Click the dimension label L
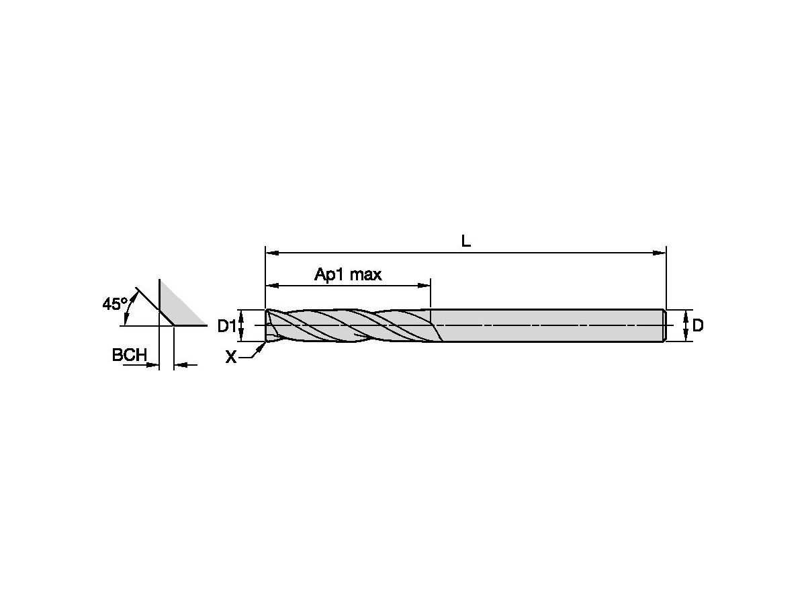(x=465, y=241)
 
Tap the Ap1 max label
(x=348, y=274)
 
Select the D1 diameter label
(x=226, y=326)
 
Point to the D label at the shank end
(x=698, y=325)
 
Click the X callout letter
(x=231, y=357)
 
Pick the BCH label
(x=129, y=355)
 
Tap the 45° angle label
(x=115, y=304)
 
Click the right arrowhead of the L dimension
(x=659, y=253)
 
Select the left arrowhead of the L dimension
(x=272, y=253)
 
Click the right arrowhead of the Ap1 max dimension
(x=423, y=286)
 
